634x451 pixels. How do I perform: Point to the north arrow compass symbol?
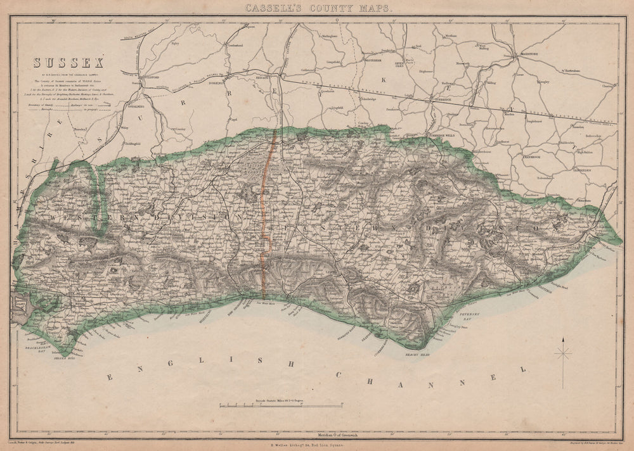pyautogui.click(x=562, y=353)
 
